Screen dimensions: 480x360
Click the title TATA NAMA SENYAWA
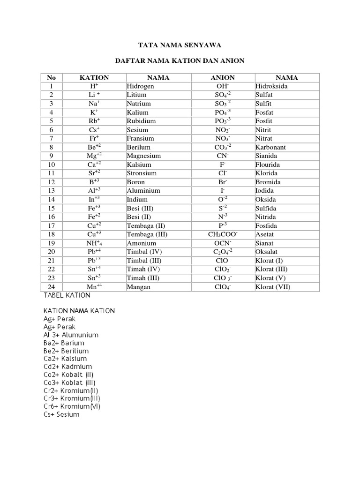[180, 45]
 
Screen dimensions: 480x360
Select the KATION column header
[94, 78]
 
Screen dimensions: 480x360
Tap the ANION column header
[223, 78]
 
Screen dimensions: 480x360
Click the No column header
[51, 78]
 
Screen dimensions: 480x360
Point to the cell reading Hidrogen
[140, 86]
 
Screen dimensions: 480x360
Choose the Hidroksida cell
[271, 86]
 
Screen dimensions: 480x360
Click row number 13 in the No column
[51, 191]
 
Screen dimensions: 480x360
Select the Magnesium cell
[143, 156]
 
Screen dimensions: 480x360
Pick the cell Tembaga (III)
[147, 234]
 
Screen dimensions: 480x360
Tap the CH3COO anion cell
[223, 234]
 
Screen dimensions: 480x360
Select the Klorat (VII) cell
[273, 287]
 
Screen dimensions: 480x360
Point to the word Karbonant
[270, 147]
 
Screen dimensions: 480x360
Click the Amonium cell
[141, 243]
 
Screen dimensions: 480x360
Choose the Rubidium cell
[142, 121]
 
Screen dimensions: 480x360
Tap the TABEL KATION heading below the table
[67, 296]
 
